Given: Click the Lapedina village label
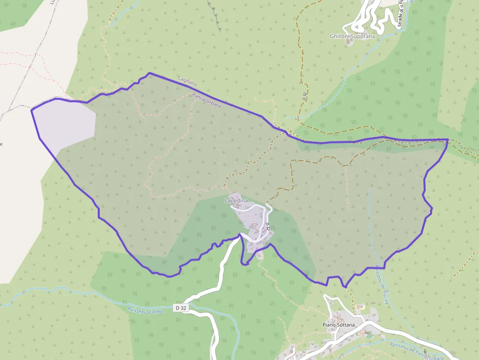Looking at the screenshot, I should (x=236, y=201).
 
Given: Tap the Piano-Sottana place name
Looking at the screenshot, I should (x=339, y=324).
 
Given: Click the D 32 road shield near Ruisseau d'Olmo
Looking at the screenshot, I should (x=180, y=308).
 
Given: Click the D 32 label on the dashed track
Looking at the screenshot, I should (x=304, y=96).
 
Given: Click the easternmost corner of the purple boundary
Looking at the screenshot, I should (x=447, y=140).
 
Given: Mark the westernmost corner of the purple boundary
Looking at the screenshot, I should (x=32, y=110).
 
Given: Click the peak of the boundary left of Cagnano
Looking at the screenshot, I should (x=149, y=73).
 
